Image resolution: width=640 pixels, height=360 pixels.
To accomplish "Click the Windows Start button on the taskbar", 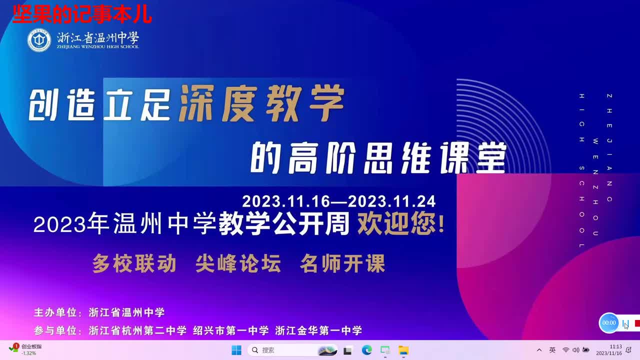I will point(236,350).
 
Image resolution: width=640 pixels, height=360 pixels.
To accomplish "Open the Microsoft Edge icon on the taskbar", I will point(367,350).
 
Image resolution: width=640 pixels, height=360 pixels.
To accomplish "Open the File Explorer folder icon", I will point(403,350).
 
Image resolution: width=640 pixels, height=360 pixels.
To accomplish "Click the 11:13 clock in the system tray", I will point(615,349).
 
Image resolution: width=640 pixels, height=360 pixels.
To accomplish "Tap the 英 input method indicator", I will point(552,350).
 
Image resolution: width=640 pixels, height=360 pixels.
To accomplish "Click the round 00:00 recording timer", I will point(609,323).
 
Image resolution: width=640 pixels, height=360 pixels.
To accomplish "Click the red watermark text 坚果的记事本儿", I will point(81,15).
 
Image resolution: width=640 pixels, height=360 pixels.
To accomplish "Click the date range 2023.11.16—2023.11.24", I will point(339,201).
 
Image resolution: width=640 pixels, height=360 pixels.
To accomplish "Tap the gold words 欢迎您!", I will point(400,224).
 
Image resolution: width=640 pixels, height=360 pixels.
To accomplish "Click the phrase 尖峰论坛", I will point(238,263).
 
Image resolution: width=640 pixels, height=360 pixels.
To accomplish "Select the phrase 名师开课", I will point(342,263).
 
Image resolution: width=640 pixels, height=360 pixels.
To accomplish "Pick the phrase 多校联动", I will point(134,263).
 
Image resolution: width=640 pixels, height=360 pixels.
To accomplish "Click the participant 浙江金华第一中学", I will point(318,330).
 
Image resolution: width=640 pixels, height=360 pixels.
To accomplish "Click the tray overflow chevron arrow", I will point(539,350).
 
